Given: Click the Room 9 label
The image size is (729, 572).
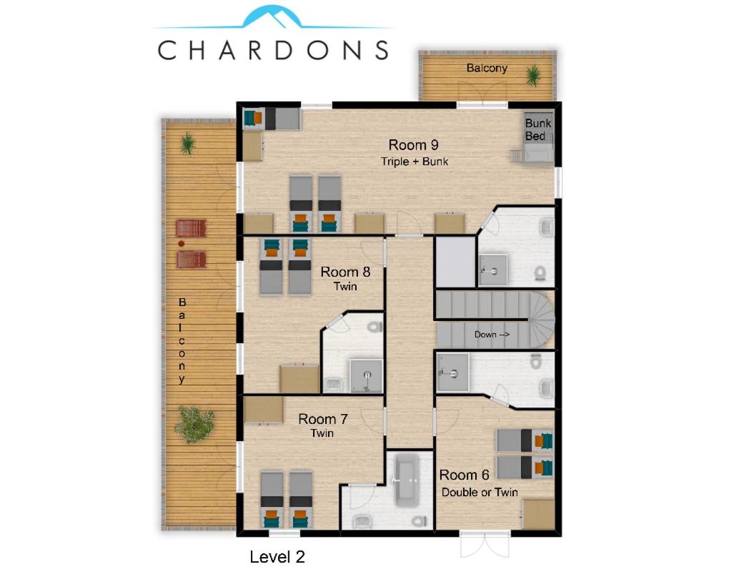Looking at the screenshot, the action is pyautogui.click(x=413, y=145).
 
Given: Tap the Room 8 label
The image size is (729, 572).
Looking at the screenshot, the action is pyautogui.click(x=345, y=272).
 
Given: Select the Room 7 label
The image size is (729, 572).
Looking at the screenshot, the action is pyautogui.click(x=322, y=419).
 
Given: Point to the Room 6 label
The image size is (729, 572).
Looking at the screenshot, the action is pyautogui.click(x=464, y=475).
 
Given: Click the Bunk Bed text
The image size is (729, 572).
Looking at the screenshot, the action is pyautogui.click(x=538, y=129).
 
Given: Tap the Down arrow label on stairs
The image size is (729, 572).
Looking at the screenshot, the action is pyautogui.click(x=492, y=335).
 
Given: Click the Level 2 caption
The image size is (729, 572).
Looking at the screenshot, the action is pyautogui.click(x=277, y=557).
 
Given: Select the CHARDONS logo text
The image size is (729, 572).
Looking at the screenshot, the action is pyautogui.click(x=273, y=50).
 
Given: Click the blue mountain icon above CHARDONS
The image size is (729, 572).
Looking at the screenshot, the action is pyautogui.click(x=273, y=16).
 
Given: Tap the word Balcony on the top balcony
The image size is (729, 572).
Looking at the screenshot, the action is pyautogui.click(x=487, y=68).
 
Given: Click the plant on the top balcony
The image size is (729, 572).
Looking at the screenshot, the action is pyautogui.click(x=532, y=75).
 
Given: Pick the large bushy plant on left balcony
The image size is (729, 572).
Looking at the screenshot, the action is pyautogui.click(x=194, y=424).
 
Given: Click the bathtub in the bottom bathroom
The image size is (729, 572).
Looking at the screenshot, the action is pyautogui.click(x=407, y=480).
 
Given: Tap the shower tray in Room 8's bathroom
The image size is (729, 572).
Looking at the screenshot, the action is pyautogui.click(x=367, y=375).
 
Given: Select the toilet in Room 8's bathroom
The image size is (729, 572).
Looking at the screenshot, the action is pyautogui.click(x=375, y=327).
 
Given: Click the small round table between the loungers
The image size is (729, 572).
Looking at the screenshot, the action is pyautogui.click(x=182, y=244).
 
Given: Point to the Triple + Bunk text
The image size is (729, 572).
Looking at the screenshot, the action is pyautogui.click(x=415, y=162).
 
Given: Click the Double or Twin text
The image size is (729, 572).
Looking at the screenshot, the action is pyautogui.click(x=480, y=492).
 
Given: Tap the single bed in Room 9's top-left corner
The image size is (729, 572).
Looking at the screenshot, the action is pyautogui.click(x=272, y=119).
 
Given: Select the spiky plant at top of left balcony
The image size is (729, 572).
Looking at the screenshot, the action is pyautogui.click(x=187, y=143).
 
